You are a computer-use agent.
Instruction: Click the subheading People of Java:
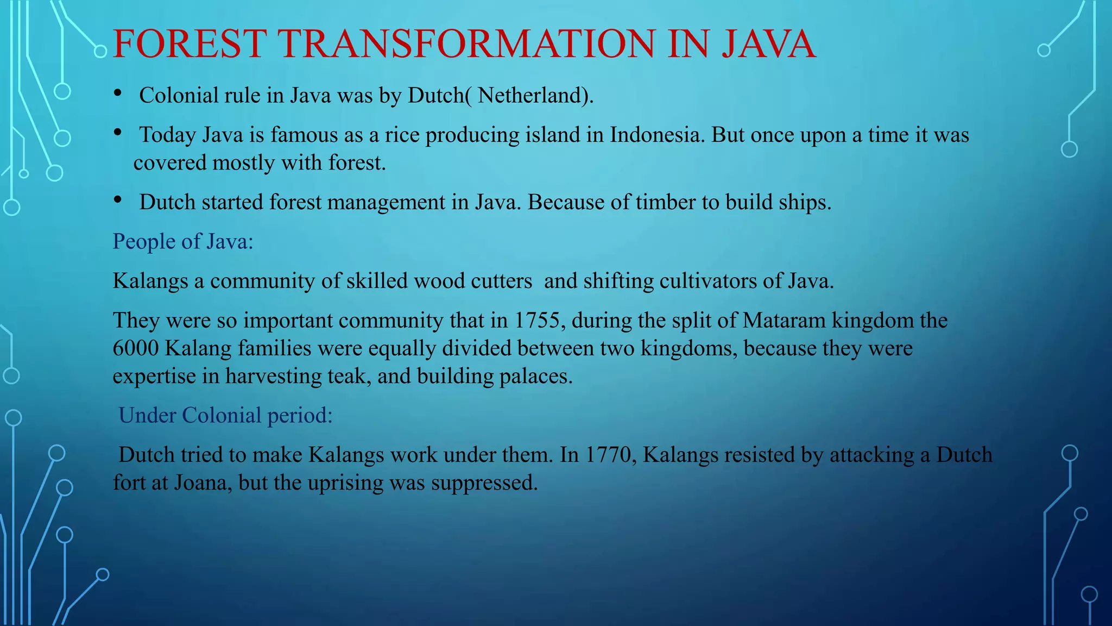[183, 241]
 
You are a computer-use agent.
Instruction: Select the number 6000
[136, 348]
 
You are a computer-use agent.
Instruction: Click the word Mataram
[784, 320]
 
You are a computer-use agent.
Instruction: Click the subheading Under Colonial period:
[225, 415]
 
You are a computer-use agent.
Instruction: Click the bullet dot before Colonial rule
[118, 93]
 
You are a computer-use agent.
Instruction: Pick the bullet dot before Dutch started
[118, 200]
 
